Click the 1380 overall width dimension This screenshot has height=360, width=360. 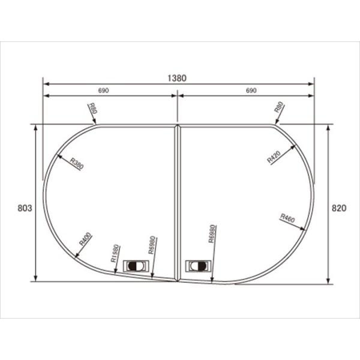(178, 77)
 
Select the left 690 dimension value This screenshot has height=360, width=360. (103, 91)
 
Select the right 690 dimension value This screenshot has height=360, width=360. (251, 91)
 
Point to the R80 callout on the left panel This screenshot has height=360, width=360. (92, 109)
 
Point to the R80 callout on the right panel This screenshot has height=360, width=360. (279, 109)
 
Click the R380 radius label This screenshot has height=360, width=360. (76, 163)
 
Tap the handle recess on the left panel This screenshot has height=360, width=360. (136, 265)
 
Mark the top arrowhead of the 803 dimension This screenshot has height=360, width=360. (35, 128)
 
